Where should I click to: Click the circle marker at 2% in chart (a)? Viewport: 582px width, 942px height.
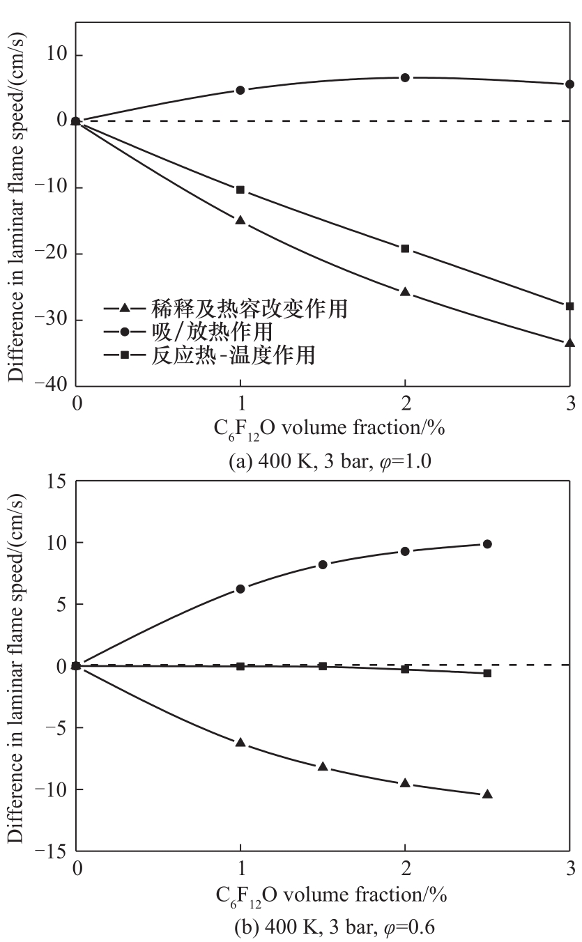tap(405, 77)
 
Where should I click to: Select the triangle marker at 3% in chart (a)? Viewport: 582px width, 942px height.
tap(570, 343)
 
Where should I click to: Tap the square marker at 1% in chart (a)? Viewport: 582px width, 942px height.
tap(240, 190)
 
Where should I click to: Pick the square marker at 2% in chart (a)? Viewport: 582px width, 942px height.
tap(405, 249)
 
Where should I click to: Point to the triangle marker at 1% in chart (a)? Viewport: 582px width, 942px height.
tap(240, 220)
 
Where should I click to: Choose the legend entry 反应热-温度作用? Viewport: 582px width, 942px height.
tap(221, 355)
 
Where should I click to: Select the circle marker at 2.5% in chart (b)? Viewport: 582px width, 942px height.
tap(487, 544)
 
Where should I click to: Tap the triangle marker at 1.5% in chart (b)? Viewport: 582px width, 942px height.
tap(323, 766)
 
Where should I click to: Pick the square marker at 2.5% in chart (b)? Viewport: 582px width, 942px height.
tap(487, 673)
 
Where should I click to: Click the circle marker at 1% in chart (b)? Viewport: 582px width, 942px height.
tap(240, 589)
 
